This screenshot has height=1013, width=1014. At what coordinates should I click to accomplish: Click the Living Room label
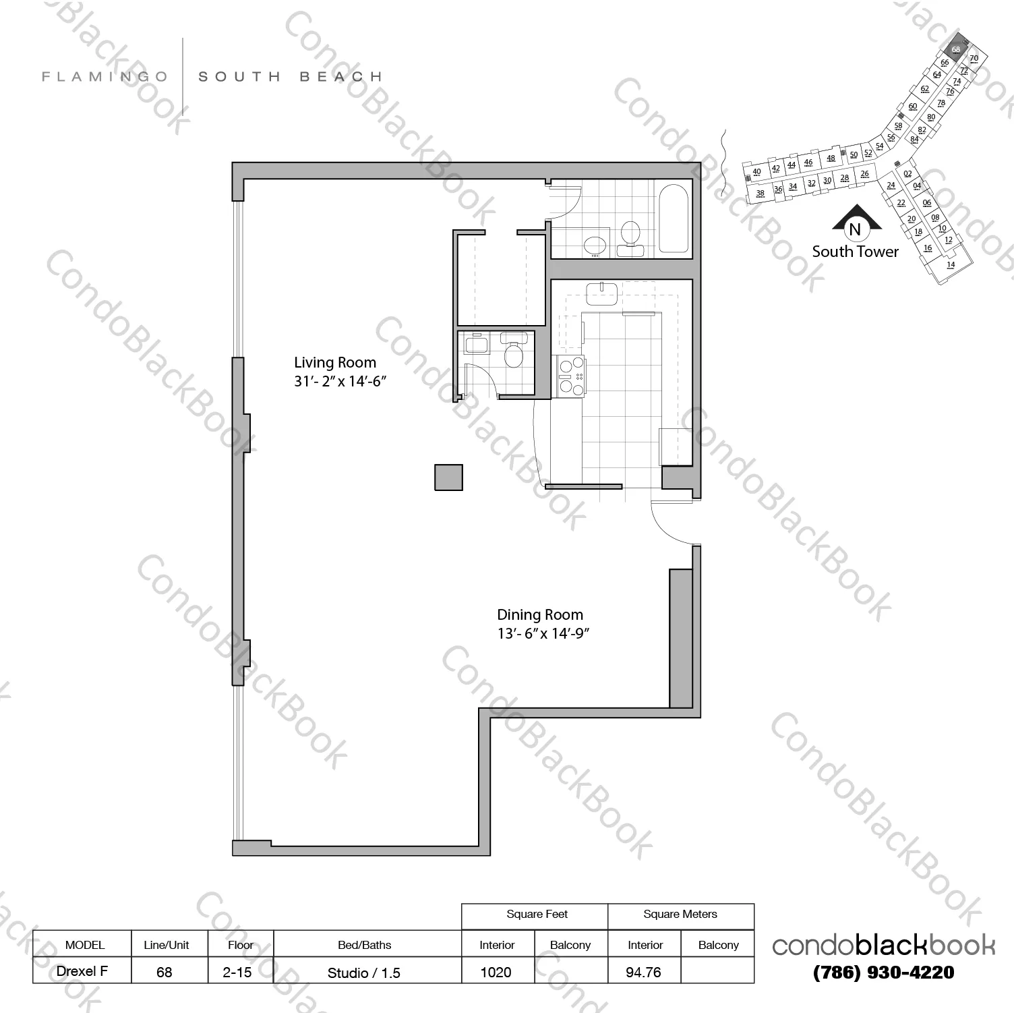(335, 363)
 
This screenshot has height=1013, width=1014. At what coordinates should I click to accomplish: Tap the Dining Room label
(539, 615)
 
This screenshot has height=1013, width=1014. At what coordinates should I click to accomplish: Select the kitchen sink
(601, 293)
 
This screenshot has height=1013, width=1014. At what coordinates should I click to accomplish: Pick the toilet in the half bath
(514, 354)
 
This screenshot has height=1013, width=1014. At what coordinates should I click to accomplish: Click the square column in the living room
(448, 477)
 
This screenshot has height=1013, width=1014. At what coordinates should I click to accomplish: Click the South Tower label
(855, 252)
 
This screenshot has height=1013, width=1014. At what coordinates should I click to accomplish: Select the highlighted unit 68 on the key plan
(955, 49)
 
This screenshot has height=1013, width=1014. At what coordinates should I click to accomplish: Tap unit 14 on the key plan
(951, 264)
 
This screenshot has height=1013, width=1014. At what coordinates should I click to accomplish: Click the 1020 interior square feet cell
(496, 972)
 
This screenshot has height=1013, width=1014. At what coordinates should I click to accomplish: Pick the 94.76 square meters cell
(643, 972)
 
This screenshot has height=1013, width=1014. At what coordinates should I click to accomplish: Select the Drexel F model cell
(82, 971)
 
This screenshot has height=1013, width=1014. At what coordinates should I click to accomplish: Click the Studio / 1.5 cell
(364, 973)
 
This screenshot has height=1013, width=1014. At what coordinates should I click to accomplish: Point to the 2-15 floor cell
(238, 972)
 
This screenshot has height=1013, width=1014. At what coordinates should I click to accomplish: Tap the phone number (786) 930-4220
(884, 972)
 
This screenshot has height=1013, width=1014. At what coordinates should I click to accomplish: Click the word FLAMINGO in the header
(105, 77)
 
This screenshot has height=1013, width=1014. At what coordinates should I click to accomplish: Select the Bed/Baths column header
(364, 945)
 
